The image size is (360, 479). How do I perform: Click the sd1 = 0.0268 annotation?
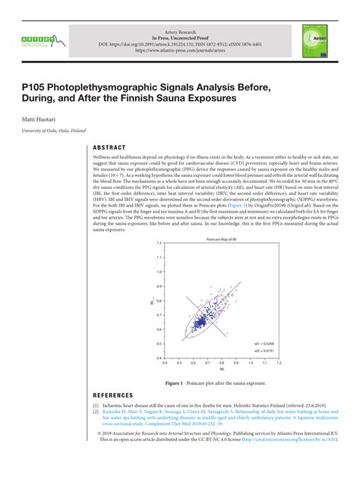[263, 342]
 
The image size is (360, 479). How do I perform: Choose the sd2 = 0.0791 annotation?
[263, 350]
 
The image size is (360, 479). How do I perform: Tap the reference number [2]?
[96, 414]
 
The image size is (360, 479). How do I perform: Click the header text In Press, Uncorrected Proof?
[180, 36]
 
